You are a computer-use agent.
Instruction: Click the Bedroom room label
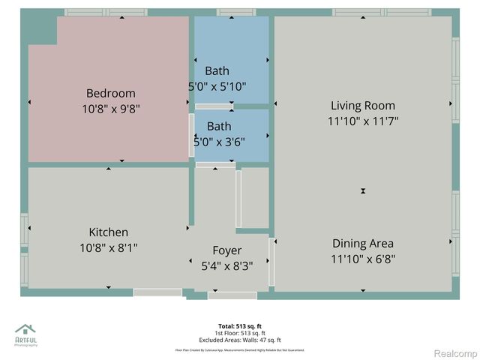coord(111,94)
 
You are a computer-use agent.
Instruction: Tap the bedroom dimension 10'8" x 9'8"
coord(111,109)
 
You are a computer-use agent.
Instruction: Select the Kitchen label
coord(109,232)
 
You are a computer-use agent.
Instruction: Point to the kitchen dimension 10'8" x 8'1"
coord(109,247)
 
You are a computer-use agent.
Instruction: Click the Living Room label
coord(363,106)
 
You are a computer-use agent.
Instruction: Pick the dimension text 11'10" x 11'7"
coord(363,121)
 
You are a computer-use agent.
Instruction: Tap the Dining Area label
coord(363,244)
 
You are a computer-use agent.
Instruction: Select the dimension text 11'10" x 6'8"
coord(363,259)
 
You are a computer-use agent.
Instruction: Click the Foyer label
coord(227,250)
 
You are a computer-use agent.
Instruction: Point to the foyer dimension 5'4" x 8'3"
coord(227,265)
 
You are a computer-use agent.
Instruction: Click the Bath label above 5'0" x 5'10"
coord(217,71)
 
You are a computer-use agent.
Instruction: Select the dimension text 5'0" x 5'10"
coord(217,86)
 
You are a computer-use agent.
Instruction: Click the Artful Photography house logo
coord(25,329)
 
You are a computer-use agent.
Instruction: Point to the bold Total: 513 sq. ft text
coord(239,326)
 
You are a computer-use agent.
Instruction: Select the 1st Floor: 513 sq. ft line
coord(239,332)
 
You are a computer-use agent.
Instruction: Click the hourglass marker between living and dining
coord(363,191)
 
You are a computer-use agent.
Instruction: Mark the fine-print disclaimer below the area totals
coord(239,349)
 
